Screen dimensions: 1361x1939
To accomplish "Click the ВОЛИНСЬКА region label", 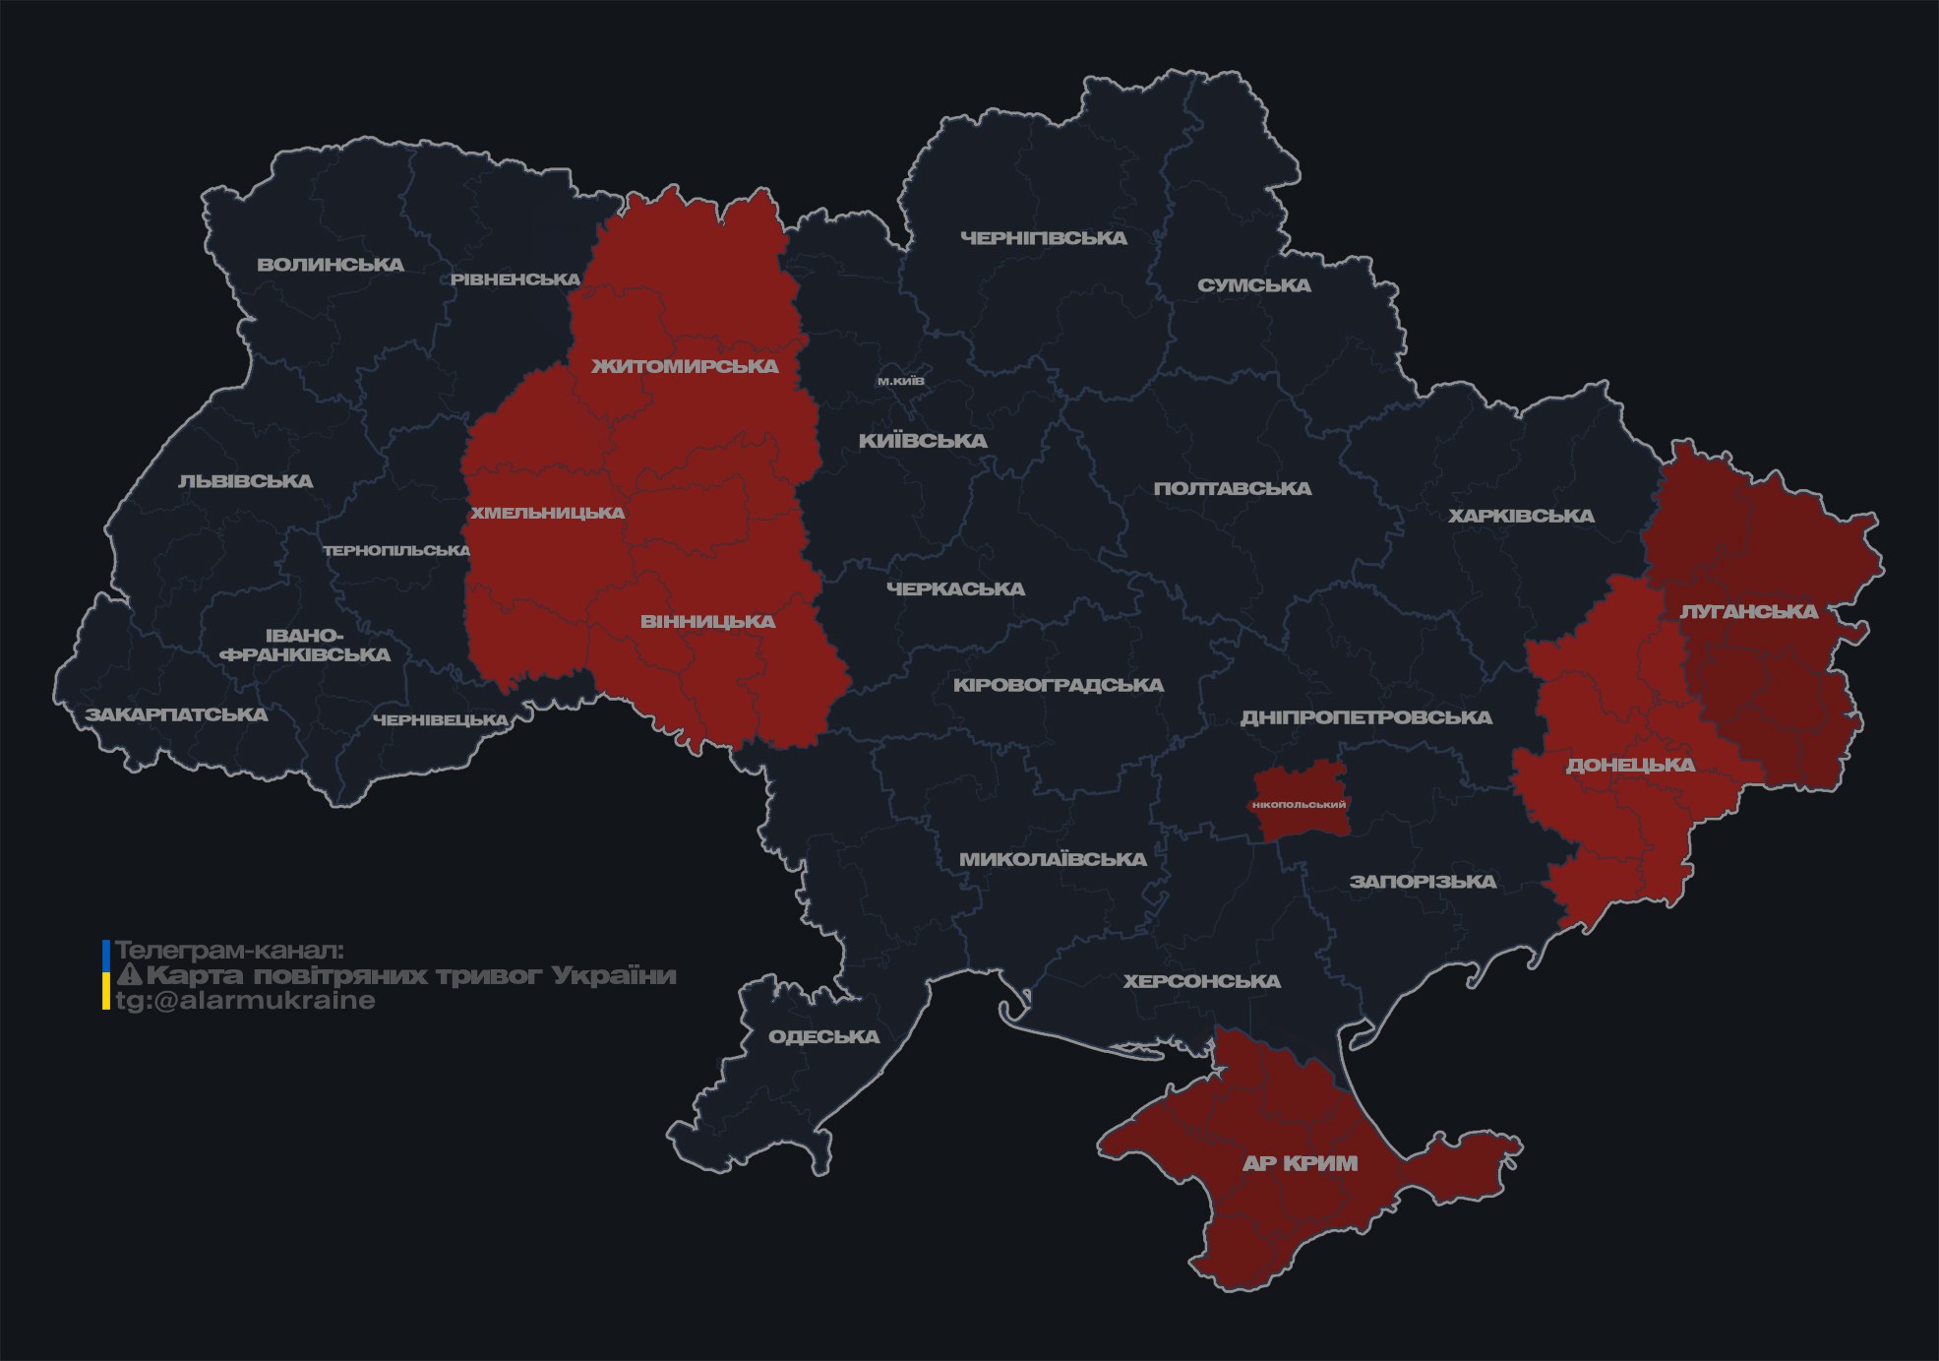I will pos(331,265).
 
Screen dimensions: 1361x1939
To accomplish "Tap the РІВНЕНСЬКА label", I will pos(515,279).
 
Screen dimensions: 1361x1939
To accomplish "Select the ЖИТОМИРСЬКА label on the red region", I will pos(685,366).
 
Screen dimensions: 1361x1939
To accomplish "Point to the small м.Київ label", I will pos(900,381).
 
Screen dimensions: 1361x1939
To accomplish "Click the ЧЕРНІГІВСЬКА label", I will pos(1043,238).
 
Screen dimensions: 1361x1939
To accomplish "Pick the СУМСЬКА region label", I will pos(1253,285).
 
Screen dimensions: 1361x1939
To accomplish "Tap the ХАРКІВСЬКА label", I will pos(1521,516).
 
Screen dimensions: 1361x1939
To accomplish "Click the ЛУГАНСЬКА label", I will pos(1748,611).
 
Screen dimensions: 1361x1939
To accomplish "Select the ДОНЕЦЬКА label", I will pos(1630,765).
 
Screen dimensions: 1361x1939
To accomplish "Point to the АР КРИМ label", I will pos(1300,1163).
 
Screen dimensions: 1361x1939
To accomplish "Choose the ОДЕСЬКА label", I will pos(823,1036).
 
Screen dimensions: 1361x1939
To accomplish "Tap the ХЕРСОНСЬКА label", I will pos(1201,981).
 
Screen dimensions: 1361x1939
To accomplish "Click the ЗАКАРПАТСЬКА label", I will pos(176,714).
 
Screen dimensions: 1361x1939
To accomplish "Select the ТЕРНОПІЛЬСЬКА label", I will pos(396,550).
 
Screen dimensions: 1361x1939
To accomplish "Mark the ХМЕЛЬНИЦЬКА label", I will pos(547,513).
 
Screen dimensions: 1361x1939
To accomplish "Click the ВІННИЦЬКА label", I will pos(707,622).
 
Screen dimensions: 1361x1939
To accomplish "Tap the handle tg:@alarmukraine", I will pos(245,1001).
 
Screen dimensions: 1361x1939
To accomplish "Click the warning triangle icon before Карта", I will pos(130,975).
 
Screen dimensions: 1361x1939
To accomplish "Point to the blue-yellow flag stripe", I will pos(106,975).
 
